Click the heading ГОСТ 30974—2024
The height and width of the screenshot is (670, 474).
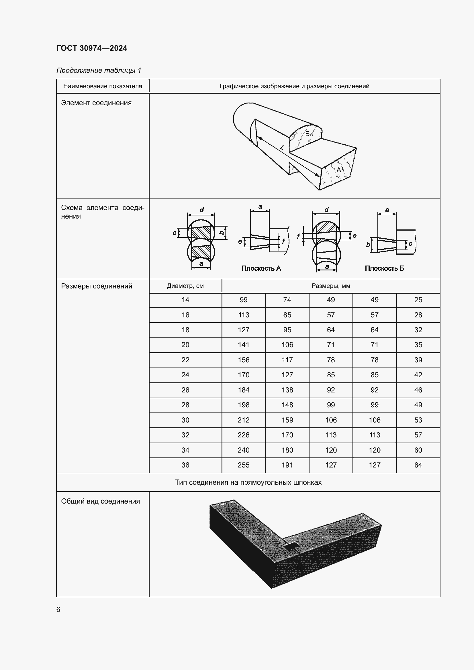(x=92, y=48)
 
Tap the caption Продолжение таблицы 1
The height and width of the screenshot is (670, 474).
(x=99, y=70)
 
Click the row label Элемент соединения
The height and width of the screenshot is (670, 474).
(x=96, y=103)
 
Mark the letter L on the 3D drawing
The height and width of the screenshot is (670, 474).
(x=282, y=148)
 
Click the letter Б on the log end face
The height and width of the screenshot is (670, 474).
(x=307, y=134)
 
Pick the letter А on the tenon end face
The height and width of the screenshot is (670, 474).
(x=338, y=170)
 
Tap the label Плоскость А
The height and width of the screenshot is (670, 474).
(x=261, y=268)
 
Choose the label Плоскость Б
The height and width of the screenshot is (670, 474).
(x=384, y=268)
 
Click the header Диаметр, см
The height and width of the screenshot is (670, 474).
(x=185, y=286)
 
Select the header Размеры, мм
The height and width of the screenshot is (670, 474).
(x=331, y=286)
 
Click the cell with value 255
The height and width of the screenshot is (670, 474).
(x=243, y=465)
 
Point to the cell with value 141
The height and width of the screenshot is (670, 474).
(x=243, y=345)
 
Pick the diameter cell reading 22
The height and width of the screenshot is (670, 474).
(x=185, y=360)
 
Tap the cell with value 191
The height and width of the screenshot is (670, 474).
(x=287, y=465)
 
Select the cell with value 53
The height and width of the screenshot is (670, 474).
(x=418, y=420)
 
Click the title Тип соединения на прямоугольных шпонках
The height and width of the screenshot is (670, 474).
(x=248, y=482)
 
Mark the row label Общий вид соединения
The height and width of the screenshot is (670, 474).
(x=100, y=501)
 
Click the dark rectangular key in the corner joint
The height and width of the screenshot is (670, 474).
(x=291, y=546)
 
